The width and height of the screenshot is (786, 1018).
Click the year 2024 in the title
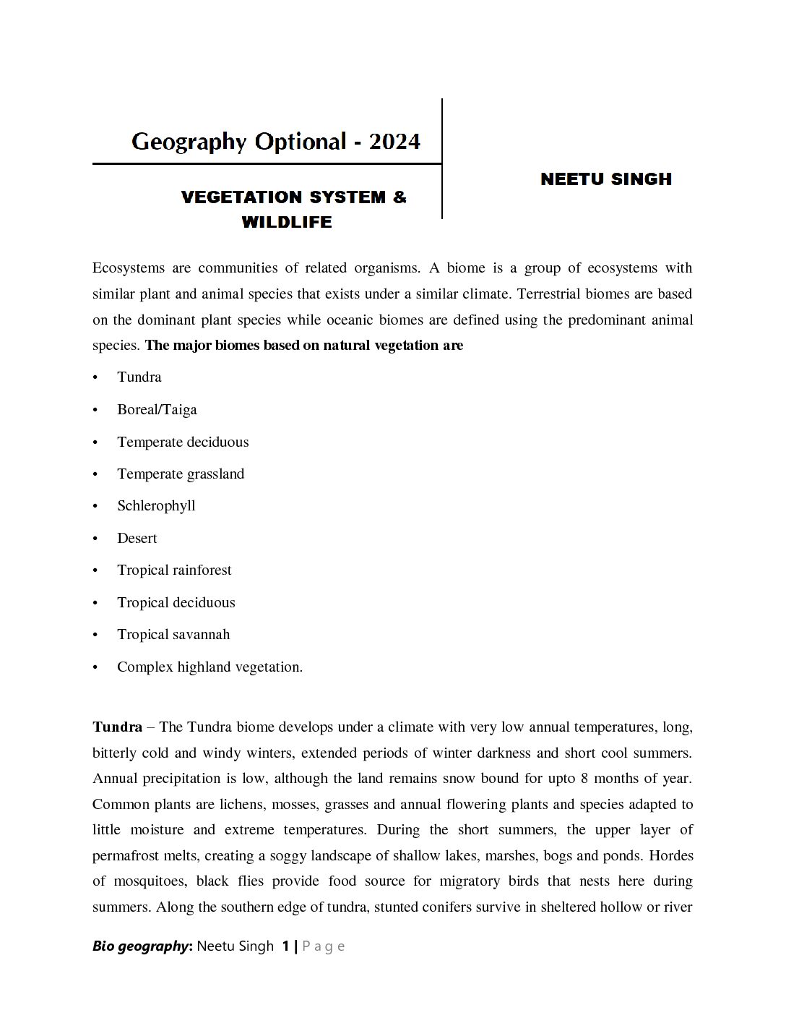[x=394, y=141]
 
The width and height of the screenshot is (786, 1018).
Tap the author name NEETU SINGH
[x=605, y=179]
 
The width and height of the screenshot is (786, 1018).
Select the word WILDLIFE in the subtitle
[x=287, y=222]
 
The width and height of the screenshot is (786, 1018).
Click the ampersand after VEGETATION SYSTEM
[x=400, y=197]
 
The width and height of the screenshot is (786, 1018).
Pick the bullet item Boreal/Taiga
[x=157, y=410]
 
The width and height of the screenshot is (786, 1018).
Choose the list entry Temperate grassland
[x=181, y=474]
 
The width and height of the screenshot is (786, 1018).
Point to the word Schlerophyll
[x=156, y=506]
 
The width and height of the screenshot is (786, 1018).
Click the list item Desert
[x=137, y=539]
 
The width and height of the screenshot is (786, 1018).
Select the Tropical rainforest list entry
[x=174, y=570]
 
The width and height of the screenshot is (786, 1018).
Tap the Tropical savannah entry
[x=173, y=635]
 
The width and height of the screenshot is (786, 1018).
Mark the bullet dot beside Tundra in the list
[x=95, y=377]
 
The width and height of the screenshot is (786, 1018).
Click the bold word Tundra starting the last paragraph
[x=117, y=727]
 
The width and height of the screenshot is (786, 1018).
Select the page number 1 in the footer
[x=286, y=946]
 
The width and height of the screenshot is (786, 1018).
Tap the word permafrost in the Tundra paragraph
[x=127, y=856]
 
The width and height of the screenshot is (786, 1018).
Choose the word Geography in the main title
[x=189, y=141]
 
